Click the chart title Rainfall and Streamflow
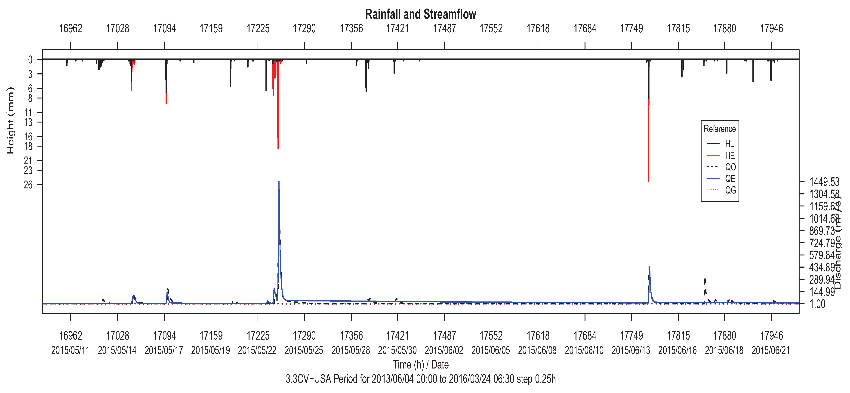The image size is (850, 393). (420, 14)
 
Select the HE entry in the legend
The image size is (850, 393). (730, 155)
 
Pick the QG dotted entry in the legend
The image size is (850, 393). (730, 190)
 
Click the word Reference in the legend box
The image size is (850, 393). (719, 129)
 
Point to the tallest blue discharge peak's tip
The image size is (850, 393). (279, 182)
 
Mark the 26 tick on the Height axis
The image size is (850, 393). (28, 185)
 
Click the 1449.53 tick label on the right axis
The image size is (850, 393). (824, 182)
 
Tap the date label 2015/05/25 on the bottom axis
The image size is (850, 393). (304, 350)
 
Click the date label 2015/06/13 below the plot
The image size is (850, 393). (631, 350)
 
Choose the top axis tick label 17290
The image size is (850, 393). (304, 29)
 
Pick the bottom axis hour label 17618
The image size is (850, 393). (538, 336)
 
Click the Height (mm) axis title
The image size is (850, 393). (11, 120)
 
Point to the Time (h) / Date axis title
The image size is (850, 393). (420, 365)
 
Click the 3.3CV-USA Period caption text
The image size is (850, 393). (420, 379)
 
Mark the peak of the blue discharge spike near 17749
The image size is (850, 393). (649, 267)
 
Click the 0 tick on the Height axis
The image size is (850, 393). (30, 60)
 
